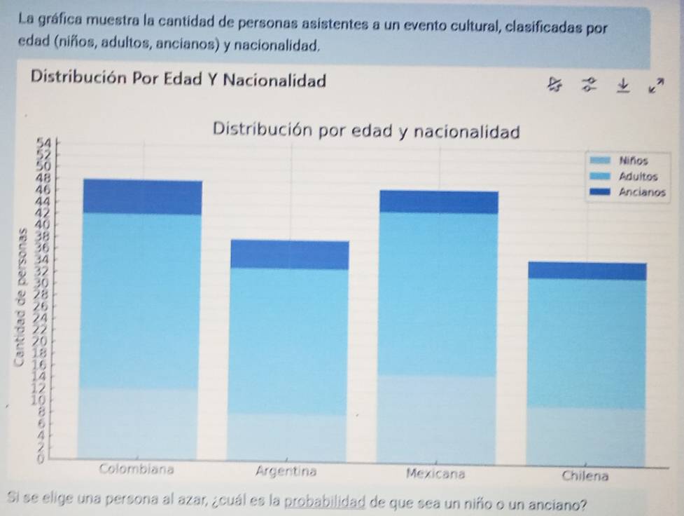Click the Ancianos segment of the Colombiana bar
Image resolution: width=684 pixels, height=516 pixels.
tap(142, 197)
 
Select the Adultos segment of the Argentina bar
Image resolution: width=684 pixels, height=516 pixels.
tap(289, 341)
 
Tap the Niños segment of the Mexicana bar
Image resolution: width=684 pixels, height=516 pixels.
tap(438, 419)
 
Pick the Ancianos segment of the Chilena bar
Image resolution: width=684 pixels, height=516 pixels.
tap(587, 271)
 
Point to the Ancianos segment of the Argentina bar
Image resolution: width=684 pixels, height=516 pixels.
tap(289, 254)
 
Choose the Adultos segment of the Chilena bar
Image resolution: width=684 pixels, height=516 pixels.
tap(587, 344)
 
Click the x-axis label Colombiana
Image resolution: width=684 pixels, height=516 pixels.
tap(138, 468)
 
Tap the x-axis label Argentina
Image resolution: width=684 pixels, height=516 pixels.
tap(286, 471)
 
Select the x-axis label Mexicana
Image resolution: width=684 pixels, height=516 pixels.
tap(435, 473)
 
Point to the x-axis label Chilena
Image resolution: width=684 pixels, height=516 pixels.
tap(585, 475)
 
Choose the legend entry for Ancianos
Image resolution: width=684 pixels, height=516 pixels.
tap(641, 190)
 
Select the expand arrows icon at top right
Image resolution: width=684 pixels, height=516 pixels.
tap(655, 86)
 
